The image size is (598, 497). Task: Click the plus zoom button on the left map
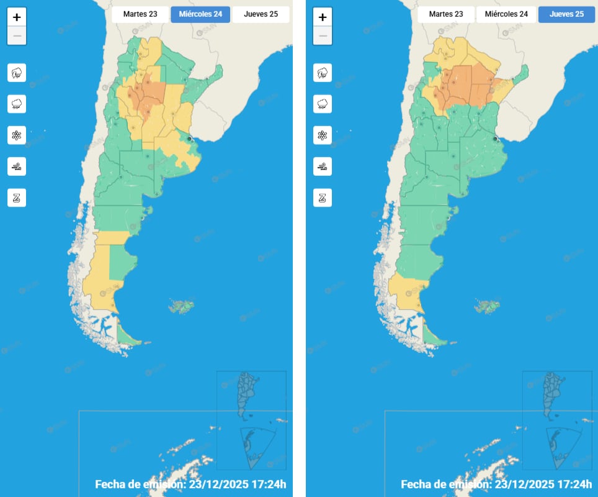pyautogui.click(x=17, y=17)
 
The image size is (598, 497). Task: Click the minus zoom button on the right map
pyautogui.click(x=322, y=36)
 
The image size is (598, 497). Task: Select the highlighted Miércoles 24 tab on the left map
pyautogui.click(x=200, y=14)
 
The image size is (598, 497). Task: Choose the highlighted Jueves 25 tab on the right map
pyautogui.click(x=566, y=14)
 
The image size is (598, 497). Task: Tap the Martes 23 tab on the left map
pyautogui.click(x=140, y=14)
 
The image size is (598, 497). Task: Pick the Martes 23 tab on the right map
pyautogui.click(x=445, y=14)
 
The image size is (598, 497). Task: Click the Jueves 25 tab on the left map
pyautogui.click(x=261, y=14)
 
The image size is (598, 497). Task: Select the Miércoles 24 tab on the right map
pyautogui.click(x=506, y=14)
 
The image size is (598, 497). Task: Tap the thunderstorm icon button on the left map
pyautogui.click(x=17, y=73)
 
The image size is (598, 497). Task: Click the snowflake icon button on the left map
pyautogui.click(x=17, y=135)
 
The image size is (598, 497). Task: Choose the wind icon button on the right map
pyautogui.click(x=322, y=166)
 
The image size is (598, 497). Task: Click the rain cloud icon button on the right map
pyautogui.click(x=322, y=104)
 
